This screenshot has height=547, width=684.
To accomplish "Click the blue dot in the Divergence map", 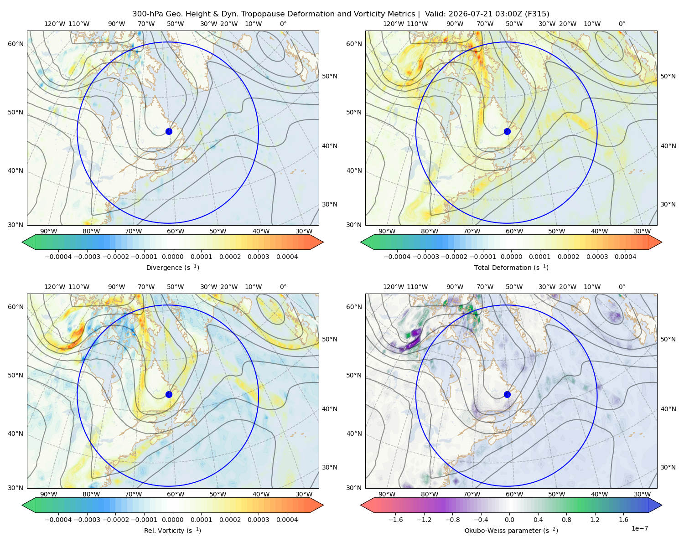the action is coord(169,132).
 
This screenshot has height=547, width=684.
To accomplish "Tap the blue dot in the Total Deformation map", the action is coord(507,132).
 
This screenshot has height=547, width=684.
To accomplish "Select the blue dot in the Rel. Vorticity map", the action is coord(169,394).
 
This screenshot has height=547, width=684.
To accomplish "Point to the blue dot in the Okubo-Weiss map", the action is coord(507,394).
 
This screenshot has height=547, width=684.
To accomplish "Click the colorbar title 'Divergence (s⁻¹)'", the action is coord(172,267).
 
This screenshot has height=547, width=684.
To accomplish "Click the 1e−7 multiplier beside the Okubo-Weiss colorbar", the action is coord(639,528).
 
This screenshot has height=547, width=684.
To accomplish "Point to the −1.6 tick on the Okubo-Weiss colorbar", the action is coord(395,520).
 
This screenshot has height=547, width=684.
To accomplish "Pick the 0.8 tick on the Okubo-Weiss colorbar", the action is coord(566,520).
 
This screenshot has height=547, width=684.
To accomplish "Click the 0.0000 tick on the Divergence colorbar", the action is coord(172,257).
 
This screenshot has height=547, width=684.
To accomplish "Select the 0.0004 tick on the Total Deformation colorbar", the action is coord(626,257).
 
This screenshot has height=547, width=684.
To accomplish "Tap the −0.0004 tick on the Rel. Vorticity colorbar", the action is coord(58,520).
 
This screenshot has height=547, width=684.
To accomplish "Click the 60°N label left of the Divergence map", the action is coord(16,44).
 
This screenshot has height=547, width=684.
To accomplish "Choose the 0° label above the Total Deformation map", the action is coord(622,24).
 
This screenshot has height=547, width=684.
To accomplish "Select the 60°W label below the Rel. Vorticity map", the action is coord(176,494).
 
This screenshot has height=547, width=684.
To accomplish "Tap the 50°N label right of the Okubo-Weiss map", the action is coord(668,339).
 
